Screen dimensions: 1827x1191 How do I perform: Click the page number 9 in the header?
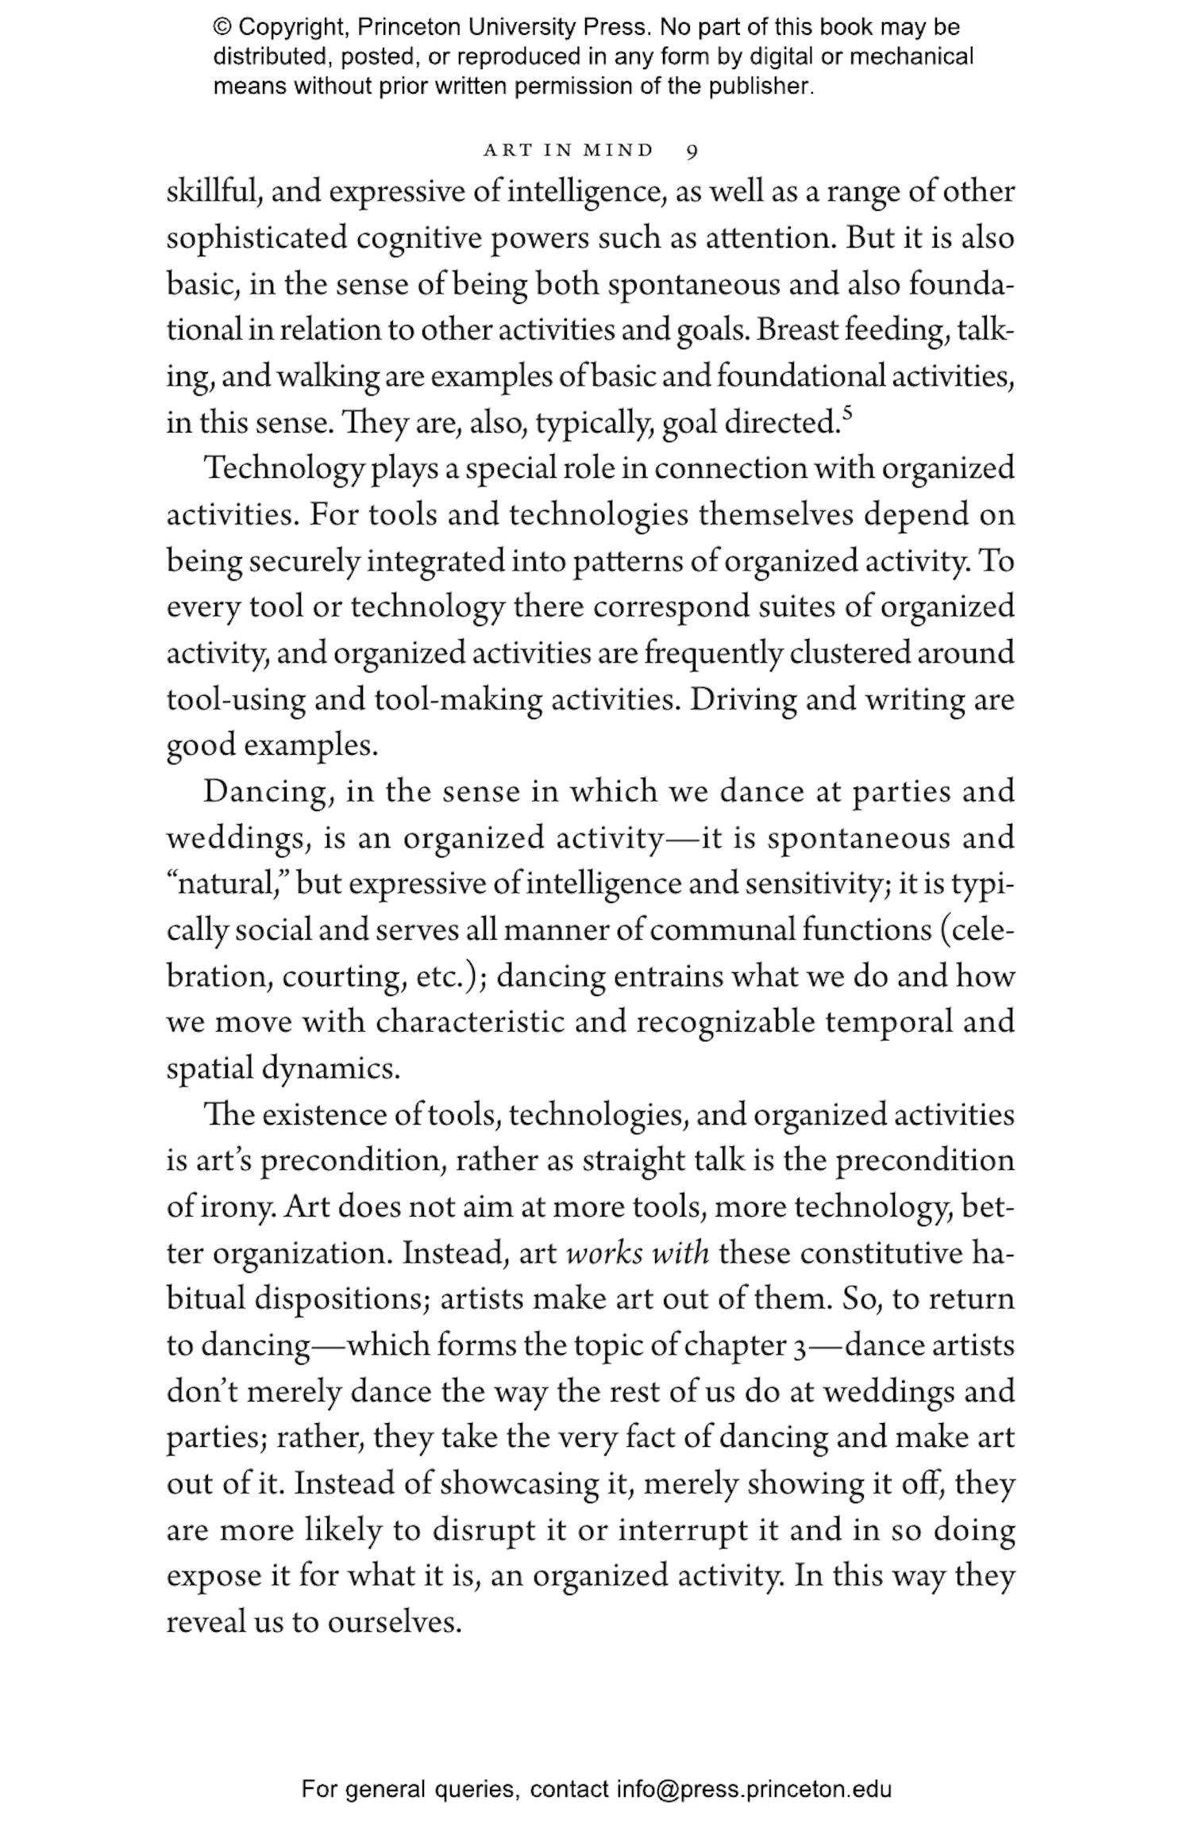(692, 151)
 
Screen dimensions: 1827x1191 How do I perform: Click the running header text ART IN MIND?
(569, 150)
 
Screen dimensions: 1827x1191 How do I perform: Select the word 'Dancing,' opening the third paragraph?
(268, 792)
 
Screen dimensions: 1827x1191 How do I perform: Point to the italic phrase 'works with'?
(638, 1253)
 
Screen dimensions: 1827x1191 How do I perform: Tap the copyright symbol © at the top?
(222, 28)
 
